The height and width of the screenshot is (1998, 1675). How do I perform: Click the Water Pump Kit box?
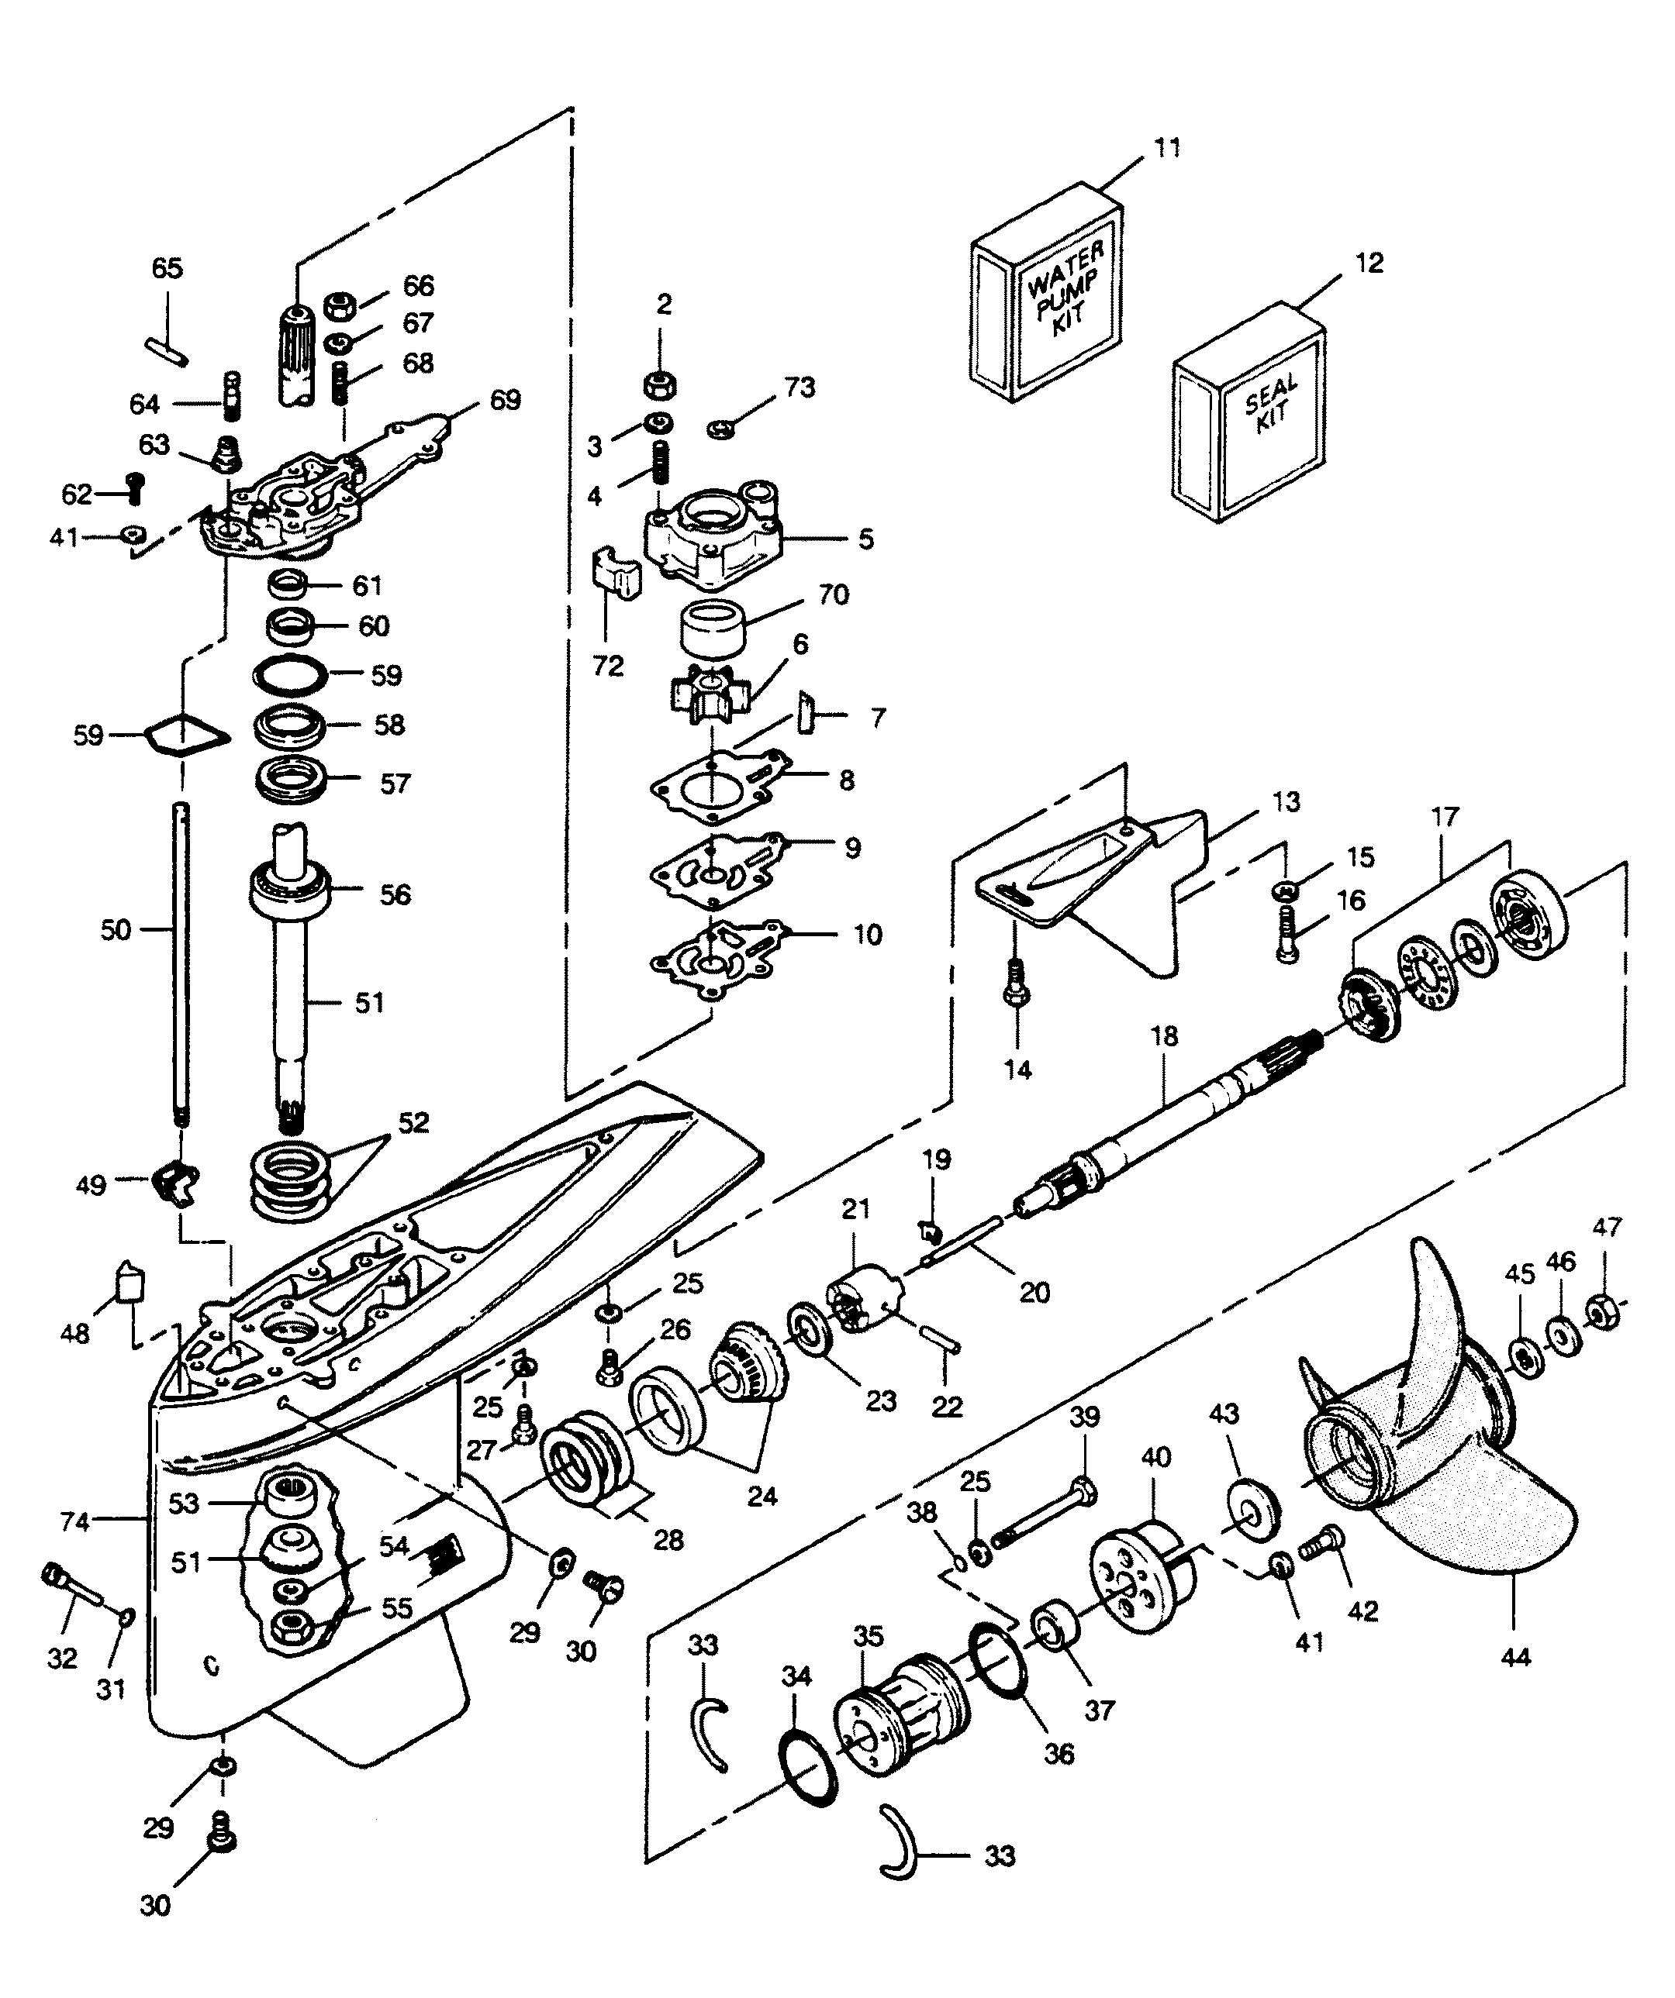(1045, 293)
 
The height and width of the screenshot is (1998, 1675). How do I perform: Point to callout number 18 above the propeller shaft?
(1164, 1036)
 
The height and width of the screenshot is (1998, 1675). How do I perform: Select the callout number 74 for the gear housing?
(75, 1522)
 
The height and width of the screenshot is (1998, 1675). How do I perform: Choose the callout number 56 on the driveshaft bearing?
(395, 894)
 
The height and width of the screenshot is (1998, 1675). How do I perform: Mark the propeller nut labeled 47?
(1600, 1314)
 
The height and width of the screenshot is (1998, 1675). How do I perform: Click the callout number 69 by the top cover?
(506, 401)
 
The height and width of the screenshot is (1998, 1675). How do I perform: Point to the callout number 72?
(608, 666)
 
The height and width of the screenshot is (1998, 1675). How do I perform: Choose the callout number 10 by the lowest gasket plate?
(867, 935)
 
